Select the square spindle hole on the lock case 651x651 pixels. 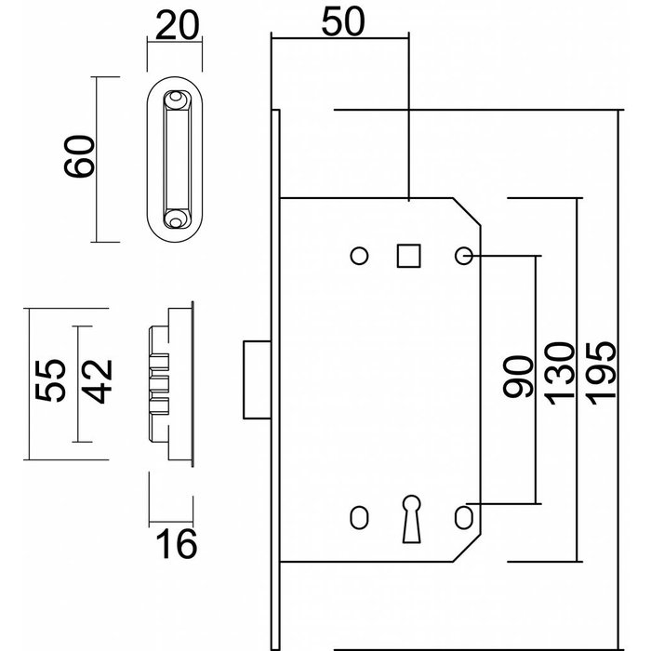click(408, 255)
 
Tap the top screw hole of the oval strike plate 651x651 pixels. click(175, 98)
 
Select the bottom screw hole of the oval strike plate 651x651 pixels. click(175, 219)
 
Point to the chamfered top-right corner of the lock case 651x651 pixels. click(467, 211)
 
